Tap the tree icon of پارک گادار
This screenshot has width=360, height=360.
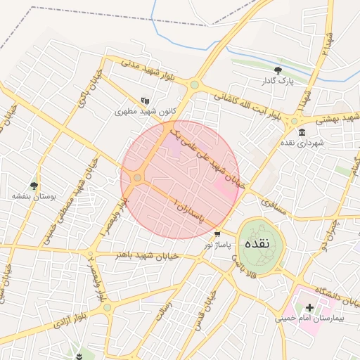[x=278, y=70]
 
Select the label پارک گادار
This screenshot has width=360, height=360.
[x=278, y=82]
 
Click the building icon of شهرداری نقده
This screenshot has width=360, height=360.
[x=302, y=132]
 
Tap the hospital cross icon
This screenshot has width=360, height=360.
[x=309, y=307]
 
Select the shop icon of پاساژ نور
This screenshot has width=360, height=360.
[x=217, y=234]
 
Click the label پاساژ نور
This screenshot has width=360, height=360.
[x=217, y=245]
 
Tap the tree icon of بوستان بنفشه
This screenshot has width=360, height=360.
[x=33, y=186]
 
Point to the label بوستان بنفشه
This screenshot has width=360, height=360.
[x=28, y=198]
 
